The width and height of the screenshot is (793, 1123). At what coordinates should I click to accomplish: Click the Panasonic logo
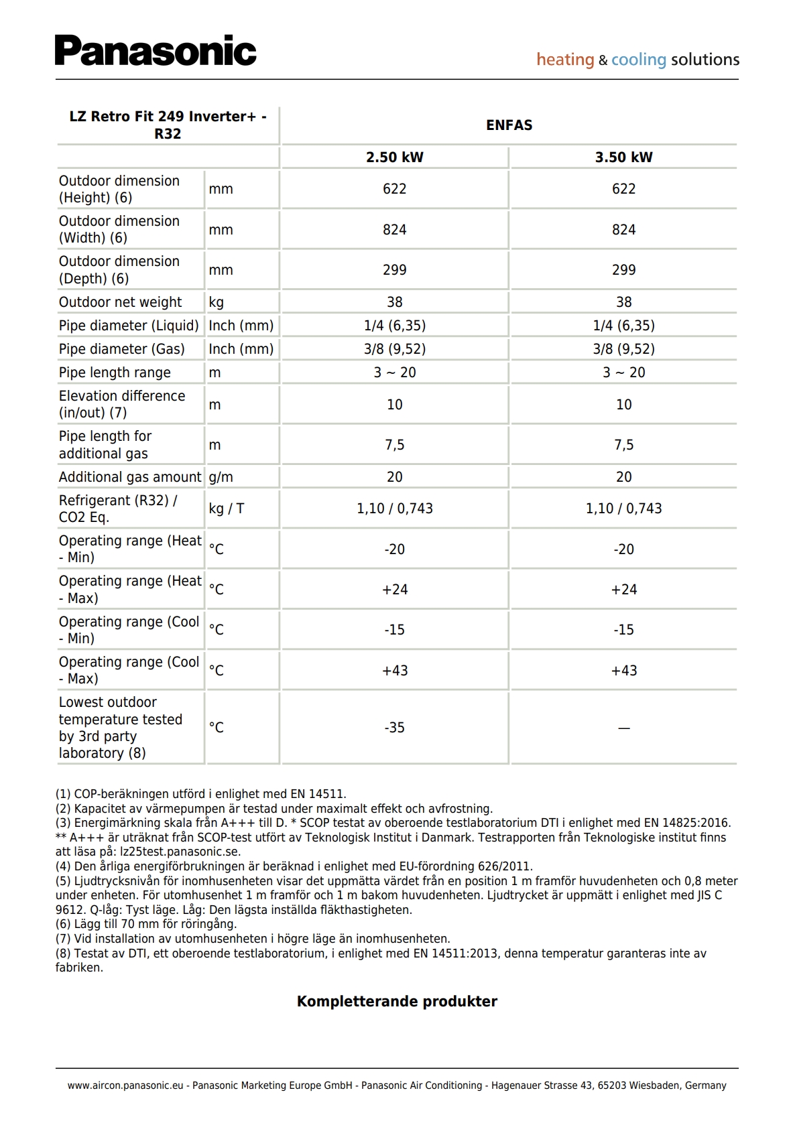click(x=156, y=51)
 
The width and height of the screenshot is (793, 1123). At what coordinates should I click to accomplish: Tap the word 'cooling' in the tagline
click(x=638, y=60)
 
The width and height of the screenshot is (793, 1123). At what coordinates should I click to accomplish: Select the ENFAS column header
click(x=509, y=125)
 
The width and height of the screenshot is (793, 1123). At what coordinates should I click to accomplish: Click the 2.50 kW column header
click(x=394, y=157)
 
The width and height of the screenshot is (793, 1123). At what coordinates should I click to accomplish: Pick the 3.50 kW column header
click(x=623, y=157)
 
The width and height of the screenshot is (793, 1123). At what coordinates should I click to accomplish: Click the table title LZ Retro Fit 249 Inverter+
click(x=168, y=125)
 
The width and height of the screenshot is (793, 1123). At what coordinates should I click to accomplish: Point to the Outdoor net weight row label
click(x=120, y=302)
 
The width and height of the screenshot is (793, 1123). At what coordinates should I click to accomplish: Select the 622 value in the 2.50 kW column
click(x=394, y=189)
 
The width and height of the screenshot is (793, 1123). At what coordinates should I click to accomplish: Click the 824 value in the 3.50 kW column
click(x=623, y=230)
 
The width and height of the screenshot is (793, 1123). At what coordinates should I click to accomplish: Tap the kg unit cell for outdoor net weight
click(x=217, y=302)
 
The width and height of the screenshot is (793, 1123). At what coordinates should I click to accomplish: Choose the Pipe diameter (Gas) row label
click(x=121, y=349)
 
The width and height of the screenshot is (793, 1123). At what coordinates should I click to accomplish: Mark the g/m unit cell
click(x=221, y=477)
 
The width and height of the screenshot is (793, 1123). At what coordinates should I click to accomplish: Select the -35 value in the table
click(x=394, y=728)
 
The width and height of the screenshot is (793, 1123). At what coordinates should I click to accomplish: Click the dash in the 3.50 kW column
click(x=623, y=728)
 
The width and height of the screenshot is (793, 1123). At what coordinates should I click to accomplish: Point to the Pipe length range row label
click(x=115, y=373)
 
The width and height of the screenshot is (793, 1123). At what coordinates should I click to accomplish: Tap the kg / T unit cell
click(x=227, y=509)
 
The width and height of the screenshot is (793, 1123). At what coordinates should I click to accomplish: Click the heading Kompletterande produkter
click(x=397, y=1002)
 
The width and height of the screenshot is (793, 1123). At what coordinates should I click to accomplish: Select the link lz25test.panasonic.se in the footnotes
click(x=180, y=852)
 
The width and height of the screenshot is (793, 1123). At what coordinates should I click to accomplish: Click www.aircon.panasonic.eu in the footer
click(x=125, y=1085)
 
